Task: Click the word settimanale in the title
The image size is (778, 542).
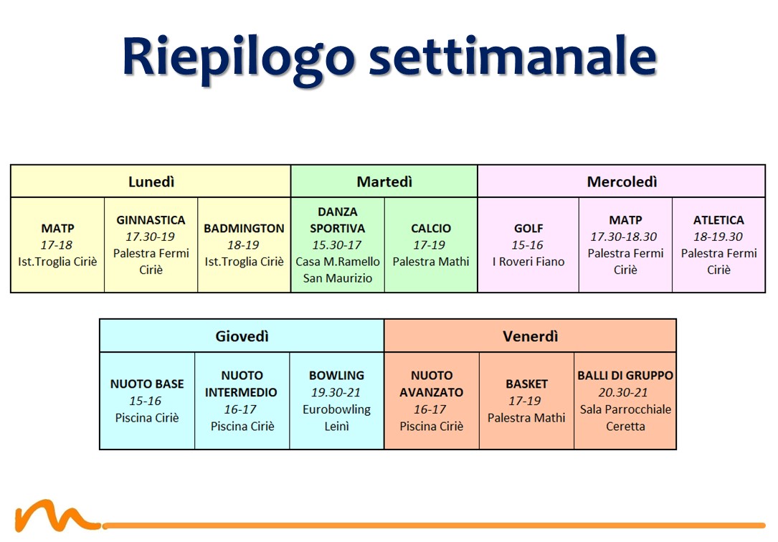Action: click(x=513, y=55)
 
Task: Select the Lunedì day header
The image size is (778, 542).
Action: click(x=151, y=181)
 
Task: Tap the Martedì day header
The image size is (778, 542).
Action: click(x=384, y=181)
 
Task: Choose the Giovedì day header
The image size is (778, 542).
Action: click(x=242, y=336)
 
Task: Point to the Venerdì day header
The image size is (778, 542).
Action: click(x=531, y=336)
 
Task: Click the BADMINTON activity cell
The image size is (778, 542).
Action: click(x=244, y=245)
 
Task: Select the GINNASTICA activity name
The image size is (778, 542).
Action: click(x=151, y=220)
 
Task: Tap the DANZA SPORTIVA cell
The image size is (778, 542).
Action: click(x=338, y=245)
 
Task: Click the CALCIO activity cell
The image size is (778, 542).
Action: click(x=431, y=245)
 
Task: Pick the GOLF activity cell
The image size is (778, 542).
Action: click(x=528, y=245)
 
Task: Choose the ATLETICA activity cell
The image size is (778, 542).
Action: click(x=718, y=245)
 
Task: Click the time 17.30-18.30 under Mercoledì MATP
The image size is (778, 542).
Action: click(x=624, y=237)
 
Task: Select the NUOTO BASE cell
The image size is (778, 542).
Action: click(x=147, y=401)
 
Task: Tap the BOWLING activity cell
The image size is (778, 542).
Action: click(x=337, y=401)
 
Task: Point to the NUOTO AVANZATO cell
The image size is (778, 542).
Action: click(x=432, y=401)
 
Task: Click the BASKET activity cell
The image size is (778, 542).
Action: click(x=526, y=401)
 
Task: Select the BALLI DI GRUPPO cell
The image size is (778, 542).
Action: click(x=625, y=401)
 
